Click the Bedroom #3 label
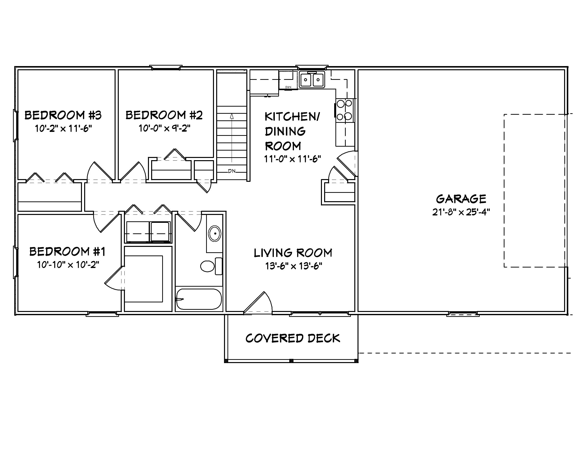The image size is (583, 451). point(63,115)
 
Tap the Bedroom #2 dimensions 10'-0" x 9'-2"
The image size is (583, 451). point(164,128)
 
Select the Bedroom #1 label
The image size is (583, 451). point(67,252)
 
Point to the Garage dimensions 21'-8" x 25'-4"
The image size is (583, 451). point(461,212)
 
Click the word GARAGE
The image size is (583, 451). point(461,199)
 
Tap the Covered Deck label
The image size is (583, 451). point(292,338)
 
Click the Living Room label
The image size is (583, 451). point(293,253)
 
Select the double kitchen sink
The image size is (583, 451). point(312,79)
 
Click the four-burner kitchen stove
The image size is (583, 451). point(344,110)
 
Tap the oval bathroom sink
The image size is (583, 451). point(215,234)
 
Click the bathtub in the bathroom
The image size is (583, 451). point(199,299)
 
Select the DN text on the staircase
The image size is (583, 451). point(232,171)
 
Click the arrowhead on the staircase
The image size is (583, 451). point(232,116)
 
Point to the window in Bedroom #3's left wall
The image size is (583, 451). point(15,125)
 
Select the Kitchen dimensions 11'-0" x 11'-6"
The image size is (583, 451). point(292,159)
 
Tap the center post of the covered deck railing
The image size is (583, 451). point(291,361)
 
